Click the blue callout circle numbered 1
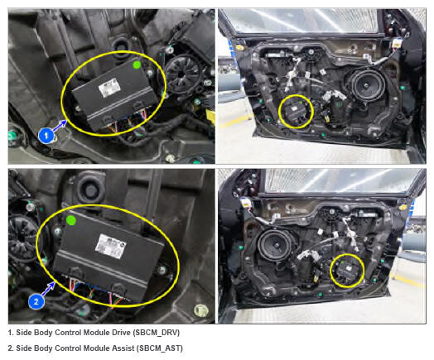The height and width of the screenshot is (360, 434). [x=46, y=136]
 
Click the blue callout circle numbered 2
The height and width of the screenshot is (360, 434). [x=36, y=301]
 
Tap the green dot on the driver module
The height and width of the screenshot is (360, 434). [x=137, y=65]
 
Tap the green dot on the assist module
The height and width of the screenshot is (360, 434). [x=71, y=220]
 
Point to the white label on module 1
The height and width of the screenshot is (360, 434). [x=109, y=88]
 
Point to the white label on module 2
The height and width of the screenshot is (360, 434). [x=110, y=247]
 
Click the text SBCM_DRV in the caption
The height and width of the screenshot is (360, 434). [x=156, y=333]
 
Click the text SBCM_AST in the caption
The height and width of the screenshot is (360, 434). [x=159, y=348]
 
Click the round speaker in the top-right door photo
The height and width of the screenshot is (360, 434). [x=366, y=84]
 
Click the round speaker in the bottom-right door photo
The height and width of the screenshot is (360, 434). [x=275, y=244]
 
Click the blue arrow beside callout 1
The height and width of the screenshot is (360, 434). [x=60, y=126]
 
